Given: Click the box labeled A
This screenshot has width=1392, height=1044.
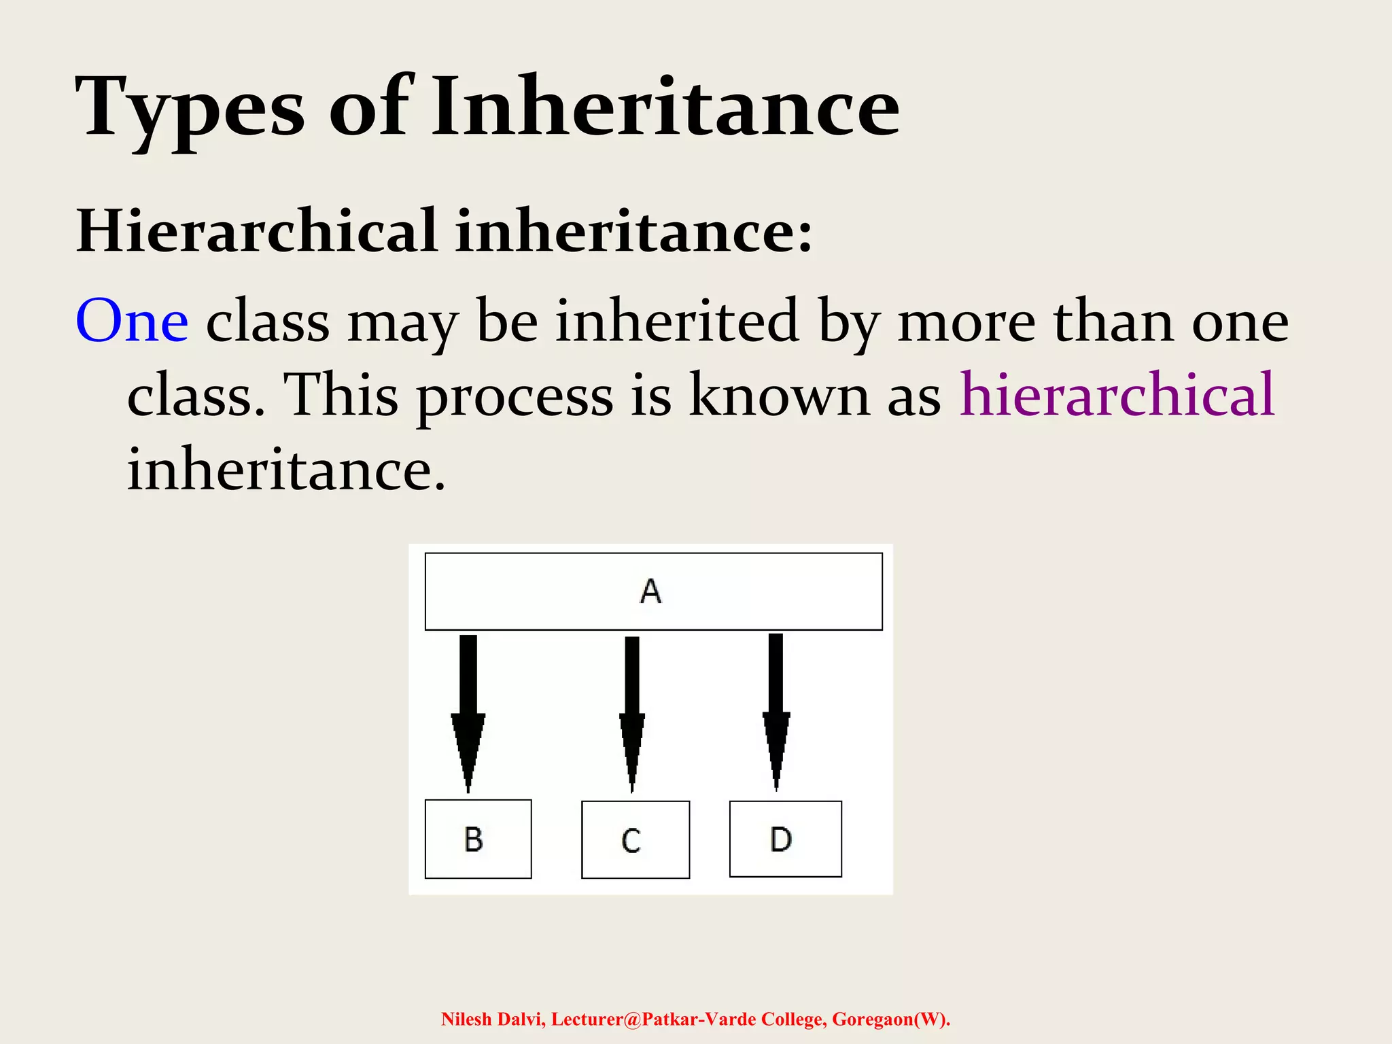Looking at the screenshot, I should pyautogui.click(x=653, y=591).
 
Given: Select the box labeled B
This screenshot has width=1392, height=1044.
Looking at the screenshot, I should pyautogui.click(x=478, y=839).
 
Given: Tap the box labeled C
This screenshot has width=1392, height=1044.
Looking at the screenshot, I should pyautogui.click(x=636, y=840).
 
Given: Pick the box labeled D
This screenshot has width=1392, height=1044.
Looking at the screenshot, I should pyautogui.click(x=785, y=839).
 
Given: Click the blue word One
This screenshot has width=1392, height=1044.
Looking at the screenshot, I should pyautogui.click(x=132, y=321).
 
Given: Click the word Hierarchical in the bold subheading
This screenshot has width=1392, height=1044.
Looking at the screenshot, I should pyautogui.click(x=257, y=231).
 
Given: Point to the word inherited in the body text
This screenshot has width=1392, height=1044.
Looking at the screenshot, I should pyautogui.click(x=676, y=321).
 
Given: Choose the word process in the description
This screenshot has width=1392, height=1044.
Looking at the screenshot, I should pyautogui.click(x=515, y=397).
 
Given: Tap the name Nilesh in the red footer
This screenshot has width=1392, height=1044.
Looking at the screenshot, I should pyautogui.click(x=466, y=1020).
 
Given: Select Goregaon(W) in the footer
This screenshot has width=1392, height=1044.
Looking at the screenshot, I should pyautogui.click(x=890, y=1020).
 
